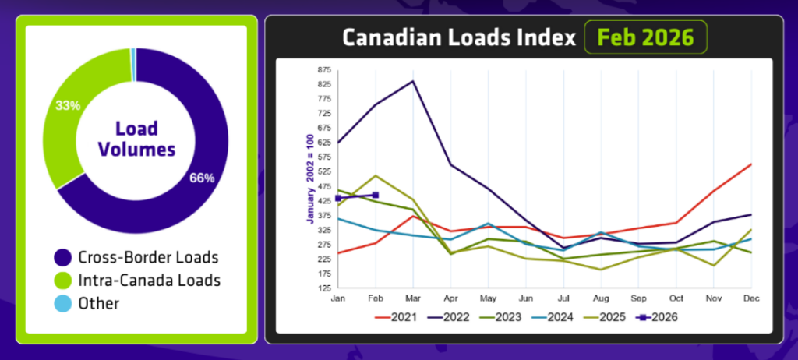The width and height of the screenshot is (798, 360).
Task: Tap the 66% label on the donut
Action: pos(201,177)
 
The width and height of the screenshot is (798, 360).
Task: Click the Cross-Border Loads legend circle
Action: pos(62,256)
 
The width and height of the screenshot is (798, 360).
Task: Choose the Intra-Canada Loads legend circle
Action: pos(62,280)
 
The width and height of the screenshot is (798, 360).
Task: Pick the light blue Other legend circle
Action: pos(62,303)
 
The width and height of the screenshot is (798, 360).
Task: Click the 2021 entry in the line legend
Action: pos(397,317)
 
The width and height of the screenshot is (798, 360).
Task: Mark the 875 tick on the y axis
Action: pos(323,69)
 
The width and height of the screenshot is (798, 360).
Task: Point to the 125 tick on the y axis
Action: pos(323,288)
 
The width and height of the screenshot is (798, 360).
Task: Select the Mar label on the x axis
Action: pos(412,298)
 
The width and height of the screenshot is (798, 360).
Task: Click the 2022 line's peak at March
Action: pos(412,81)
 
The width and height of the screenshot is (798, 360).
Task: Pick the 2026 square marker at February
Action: pos(376,195)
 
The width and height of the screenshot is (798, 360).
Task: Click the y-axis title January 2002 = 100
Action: pos(309,178)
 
